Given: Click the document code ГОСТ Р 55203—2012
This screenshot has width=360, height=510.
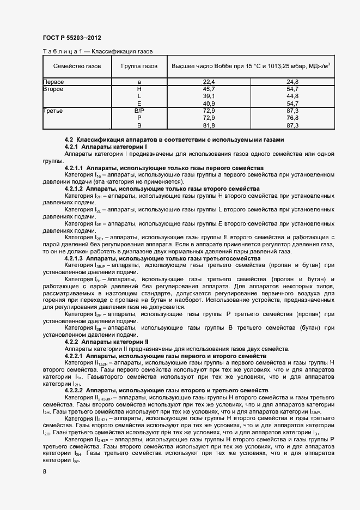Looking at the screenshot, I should (x=71, y=38).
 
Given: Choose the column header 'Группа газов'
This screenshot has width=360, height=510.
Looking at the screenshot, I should (x=139, y=66).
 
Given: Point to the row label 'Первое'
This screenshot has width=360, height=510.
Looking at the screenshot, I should (x=54, y=82).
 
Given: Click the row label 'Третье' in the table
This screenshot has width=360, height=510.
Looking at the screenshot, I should (x=53, y=111).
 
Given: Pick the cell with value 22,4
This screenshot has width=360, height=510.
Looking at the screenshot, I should (x=209, y=82).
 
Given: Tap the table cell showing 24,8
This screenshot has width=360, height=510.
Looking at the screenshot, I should (x=292, y=82).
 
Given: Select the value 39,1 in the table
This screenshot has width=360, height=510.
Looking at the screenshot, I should (x=209, y=96).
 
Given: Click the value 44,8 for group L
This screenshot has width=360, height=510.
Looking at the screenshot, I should (x=292, y=96).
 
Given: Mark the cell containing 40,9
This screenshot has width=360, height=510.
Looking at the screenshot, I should (x=209, y=103).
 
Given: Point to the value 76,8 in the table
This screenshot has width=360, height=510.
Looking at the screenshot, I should (x=292, y=118).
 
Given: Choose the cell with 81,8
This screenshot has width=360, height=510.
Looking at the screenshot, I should (x=209, y=125).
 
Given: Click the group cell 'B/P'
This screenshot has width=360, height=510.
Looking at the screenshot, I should (x=139, y=111).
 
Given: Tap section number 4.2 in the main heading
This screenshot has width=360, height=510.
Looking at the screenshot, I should (x=69, y=140).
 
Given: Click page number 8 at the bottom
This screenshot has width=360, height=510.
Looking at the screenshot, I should (x=45, y=471).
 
